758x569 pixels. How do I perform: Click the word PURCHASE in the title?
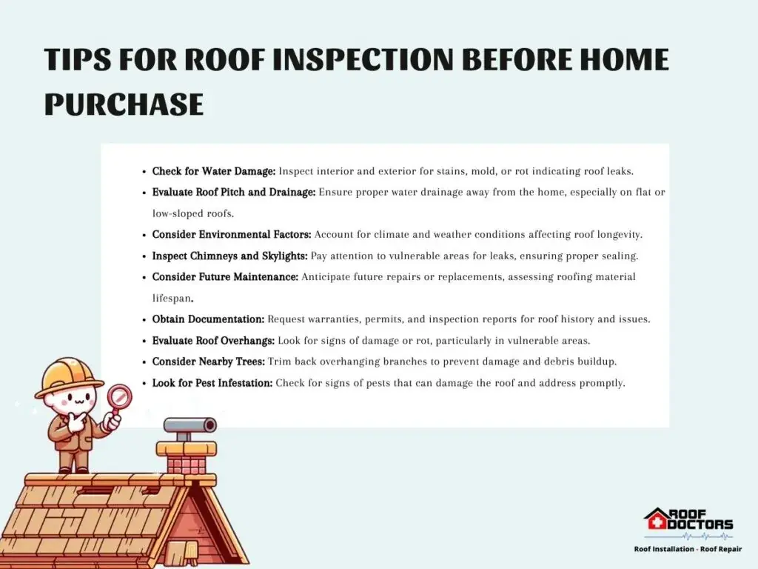[x=124, y=104]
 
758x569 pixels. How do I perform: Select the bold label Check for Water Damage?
[x=214, y=171]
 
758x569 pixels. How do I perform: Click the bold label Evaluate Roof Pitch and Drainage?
[x=233, y=192]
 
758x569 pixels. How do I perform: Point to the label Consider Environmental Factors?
[x=232, y=235]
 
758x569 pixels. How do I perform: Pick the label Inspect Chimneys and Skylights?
[x=229, y=256]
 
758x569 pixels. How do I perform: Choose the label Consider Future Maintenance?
[x=225, y=277]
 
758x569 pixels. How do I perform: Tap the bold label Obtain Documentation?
[x=208, y=319]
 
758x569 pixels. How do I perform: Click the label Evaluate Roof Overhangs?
[x=213, y=341]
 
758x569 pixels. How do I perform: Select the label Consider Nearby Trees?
[x=208, y=362]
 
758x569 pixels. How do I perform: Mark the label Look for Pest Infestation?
[x=212, y=383]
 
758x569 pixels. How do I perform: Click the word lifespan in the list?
[x=172, y=299]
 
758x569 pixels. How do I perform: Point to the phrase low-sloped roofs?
[x=193, y=213]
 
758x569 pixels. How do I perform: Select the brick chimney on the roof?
[x=186, y=457]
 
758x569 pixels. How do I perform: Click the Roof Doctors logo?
[x=688, y=524]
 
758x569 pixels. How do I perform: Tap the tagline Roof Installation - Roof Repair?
[x=688, y=549]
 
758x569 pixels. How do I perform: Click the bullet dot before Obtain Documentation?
[x=144, y=320]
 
